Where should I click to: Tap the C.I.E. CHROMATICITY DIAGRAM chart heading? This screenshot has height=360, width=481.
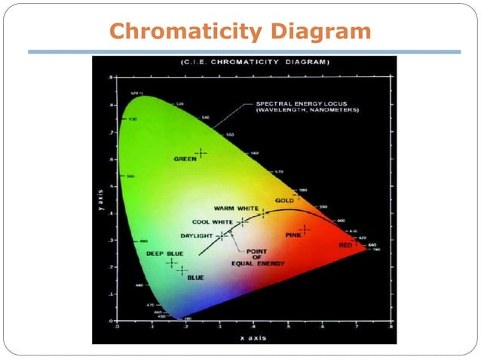point(244,62)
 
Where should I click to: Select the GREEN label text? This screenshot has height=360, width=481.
point(185,159)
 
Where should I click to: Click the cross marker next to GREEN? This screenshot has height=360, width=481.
point(201,153)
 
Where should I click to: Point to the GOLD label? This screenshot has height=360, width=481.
point(284,200)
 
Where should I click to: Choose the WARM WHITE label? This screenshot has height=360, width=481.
point(237,209)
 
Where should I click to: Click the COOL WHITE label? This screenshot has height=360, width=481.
point(213,222)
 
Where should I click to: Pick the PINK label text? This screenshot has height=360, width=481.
point(293,236)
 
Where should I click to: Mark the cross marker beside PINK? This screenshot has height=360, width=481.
point(305,229)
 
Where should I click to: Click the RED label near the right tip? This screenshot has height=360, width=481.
point(345,246)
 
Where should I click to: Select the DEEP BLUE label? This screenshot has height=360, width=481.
point(164,254)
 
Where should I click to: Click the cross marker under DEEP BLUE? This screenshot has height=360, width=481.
point(171,263)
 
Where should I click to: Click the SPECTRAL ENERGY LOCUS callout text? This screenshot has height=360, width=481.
point(307,107)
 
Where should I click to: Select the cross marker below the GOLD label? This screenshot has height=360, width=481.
point(296,195)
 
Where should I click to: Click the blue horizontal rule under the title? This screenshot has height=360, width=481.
point(244,52)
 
